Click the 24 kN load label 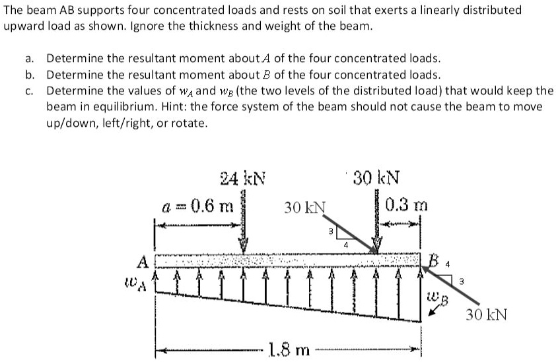pos(242,178)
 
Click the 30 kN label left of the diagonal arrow pos(305,207)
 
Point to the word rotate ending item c pos(190,123)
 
